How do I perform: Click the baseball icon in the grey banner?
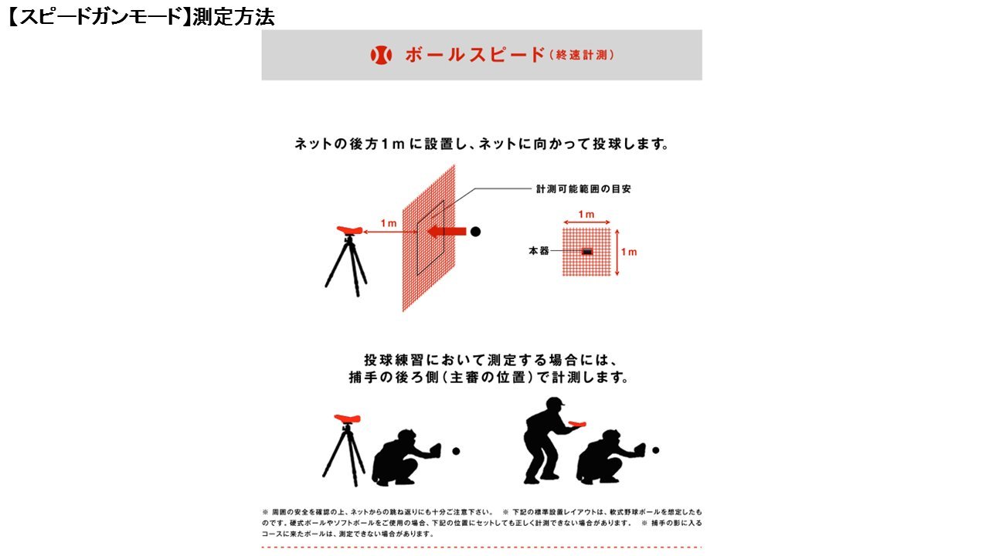(x=382, y=55)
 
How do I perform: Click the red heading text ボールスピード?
(x=474, y=56)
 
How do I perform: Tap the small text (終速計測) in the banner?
(x=582, y=56)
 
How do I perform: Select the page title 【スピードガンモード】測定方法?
(x=139, y=17)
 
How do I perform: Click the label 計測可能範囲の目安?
(x=583, y=188)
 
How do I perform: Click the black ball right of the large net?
(x=476, y=231)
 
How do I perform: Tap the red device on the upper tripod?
(x=352, y=229)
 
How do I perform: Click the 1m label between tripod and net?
(x=388, y=223)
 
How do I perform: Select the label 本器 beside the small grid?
(x=538, y=252)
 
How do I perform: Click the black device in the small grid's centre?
(x=587, y=252)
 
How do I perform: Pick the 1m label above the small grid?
(x=586, y=215)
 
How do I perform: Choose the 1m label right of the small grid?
(x=629, y=252)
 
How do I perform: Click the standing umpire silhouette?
(x=545, y=440)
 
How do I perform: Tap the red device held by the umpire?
(x=576, y=423)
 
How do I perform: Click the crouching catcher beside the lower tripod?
(x=403, y=460)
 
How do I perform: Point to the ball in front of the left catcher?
(x=456, y=451)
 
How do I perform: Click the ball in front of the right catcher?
(x=655, y=449)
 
